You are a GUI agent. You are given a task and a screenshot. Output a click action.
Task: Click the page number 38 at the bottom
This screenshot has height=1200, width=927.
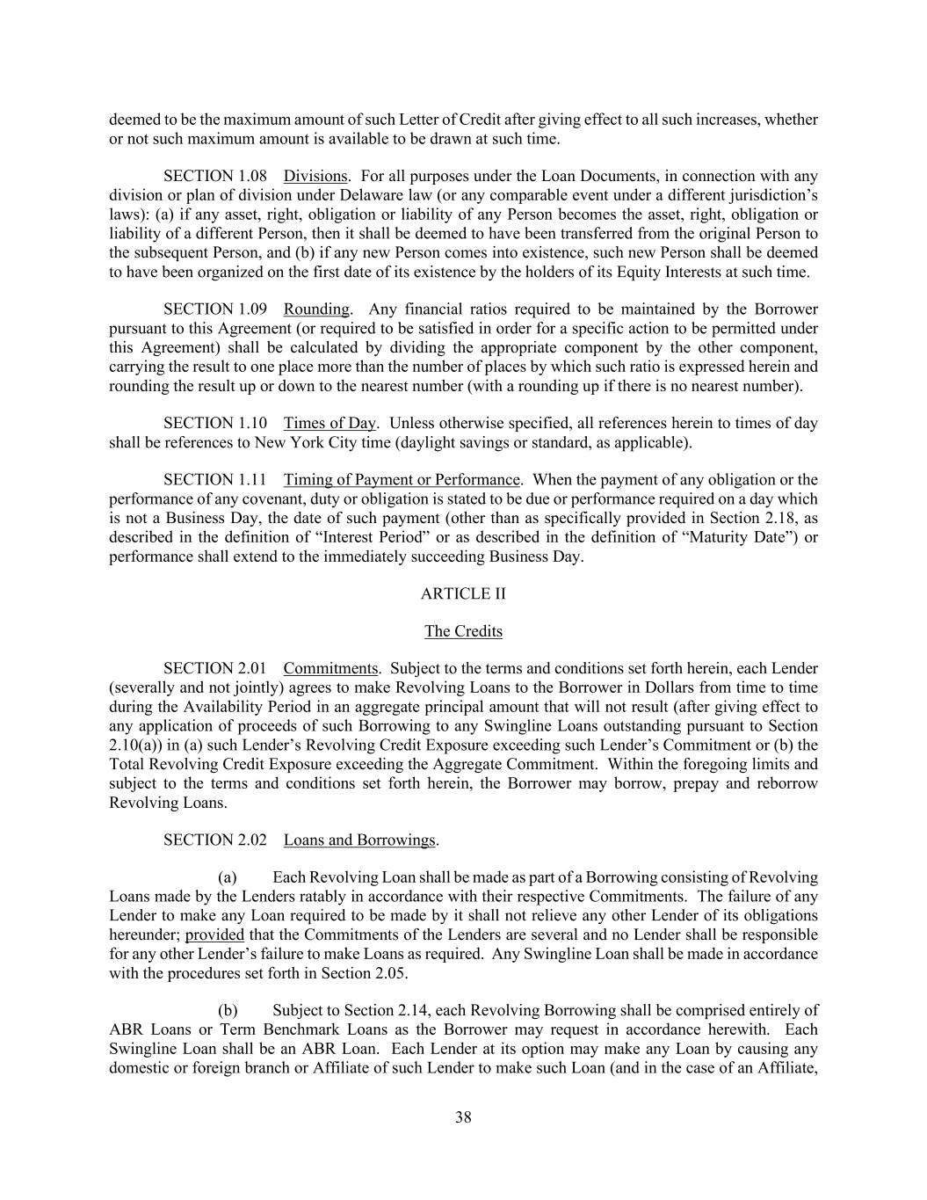tap(463, 1117)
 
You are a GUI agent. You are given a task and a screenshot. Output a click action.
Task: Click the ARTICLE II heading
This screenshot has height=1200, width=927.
tap(463, 593)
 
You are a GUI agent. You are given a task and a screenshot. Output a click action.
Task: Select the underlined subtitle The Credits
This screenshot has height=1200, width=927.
tap(463, 631)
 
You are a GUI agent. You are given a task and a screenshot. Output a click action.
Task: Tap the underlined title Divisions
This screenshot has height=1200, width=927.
tap(315, 177)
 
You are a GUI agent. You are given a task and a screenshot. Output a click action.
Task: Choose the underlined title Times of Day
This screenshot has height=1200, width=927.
tap(330, 424)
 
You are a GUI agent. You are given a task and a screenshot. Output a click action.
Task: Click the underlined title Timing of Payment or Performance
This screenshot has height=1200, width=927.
tap(402, 480)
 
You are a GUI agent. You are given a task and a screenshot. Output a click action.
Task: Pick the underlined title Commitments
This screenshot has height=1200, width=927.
tap(330, 669)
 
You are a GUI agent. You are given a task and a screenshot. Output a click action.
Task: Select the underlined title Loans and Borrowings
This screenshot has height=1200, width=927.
tap(359, 840)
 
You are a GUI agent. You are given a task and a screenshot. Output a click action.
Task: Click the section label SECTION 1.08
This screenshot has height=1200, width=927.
tap(215, 177)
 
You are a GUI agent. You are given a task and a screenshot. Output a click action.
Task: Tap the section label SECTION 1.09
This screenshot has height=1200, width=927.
tap(215, 309)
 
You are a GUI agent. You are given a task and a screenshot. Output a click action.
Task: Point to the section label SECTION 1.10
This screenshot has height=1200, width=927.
tap(215, 424)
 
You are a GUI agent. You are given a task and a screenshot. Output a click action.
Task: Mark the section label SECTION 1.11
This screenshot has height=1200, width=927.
tap(215, 480)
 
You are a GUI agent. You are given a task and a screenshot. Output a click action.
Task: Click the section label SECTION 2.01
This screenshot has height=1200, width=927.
tap(215, 669)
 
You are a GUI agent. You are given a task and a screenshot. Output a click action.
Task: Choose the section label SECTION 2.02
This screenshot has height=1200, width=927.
tap(215, 840)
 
